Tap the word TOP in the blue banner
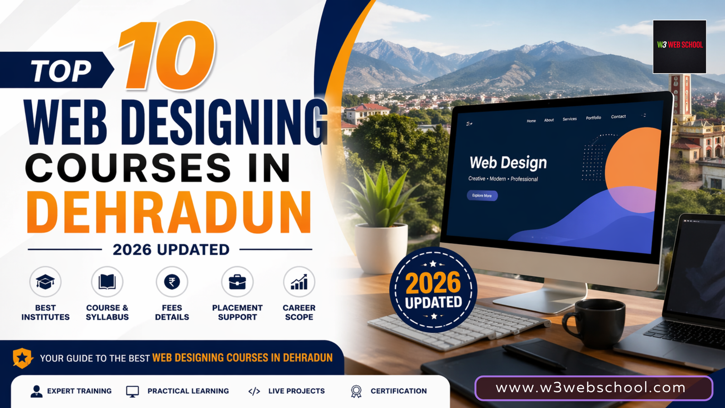[61, 71]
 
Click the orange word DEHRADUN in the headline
[169, 213]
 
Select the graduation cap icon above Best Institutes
[45, 282]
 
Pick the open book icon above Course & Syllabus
[107, 282]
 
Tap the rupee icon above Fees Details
[172, 282]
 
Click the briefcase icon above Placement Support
[237, 282]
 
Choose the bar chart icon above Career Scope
[299, 282]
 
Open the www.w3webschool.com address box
[594, 388]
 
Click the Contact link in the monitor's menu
[618, 117]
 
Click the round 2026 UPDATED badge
[433, 290]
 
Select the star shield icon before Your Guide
[22, 358]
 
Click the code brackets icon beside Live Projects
[254, 391]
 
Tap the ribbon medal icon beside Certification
[356, 391]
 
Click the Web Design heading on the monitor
[508, 162]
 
